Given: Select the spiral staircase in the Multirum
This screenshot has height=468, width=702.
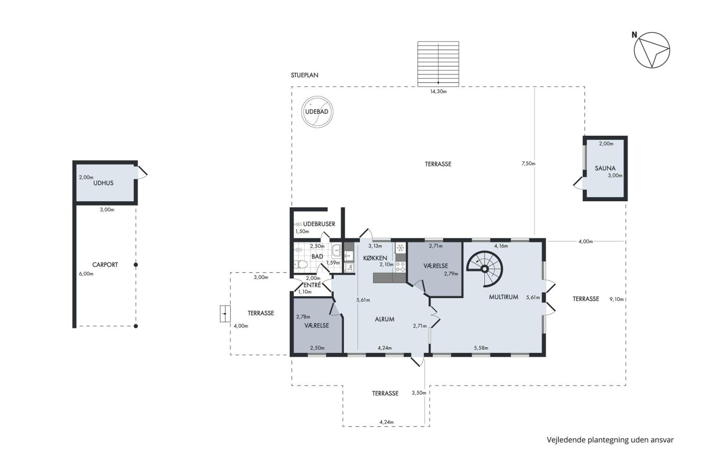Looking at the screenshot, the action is pos(485,269).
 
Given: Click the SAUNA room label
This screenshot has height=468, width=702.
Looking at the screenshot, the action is pos(605,168).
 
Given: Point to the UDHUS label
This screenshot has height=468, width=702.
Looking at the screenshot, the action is pos(103,183).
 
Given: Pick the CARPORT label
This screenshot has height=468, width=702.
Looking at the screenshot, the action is pos(105,265).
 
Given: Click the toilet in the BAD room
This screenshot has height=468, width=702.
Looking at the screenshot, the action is pos(301,264).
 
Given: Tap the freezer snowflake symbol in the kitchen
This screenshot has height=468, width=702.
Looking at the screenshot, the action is pos(400,248).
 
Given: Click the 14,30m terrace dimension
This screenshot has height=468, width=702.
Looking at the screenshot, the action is pos(438,92).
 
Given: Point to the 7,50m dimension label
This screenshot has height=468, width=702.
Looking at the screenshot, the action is pos(528,164).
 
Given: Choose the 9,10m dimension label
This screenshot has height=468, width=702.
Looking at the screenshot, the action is pos(616,299).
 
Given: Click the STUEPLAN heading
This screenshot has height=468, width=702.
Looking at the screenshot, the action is pos(304,75).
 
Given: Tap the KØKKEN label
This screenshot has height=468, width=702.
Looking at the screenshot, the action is pos(375,258).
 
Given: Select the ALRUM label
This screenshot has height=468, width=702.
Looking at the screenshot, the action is pos(384,319).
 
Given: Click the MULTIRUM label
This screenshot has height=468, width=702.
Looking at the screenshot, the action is pos(504,297).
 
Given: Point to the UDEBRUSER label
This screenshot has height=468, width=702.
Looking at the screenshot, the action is pos(319,224).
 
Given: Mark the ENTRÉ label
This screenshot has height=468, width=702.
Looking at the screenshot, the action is pos(312,285).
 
